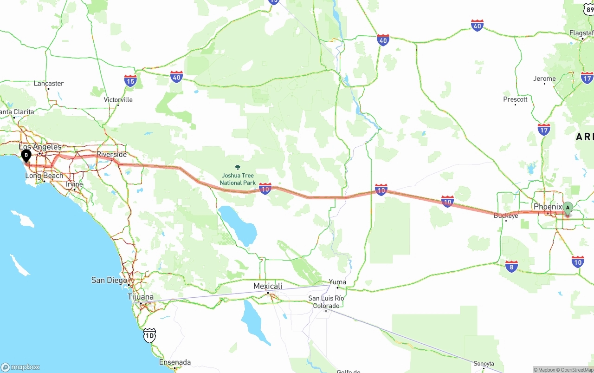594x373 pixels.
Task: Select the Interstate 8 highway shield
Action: pyautogui.click(x=511, y=266)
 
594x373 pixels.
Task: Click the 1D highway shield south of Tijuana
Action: pyautogui.click(x=149, y=335)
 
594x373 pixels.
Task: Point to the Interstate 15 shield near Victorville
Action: pyautogui.click(x=130, y=81)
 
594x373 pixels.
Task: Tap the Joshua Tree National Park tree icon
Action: pyautogui.click(x=238, y=167)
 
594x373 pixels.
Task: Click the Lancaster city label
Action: pyautogui.click(x=49, y=84)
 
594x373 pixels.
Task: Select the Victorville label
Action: pyautogui.click(x=118, y=100)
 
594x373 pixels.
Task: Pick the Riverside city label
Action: pyautogui.click(x=111, y=154)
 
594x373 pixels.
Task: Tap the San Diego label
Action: pyautogui.click(x=109, y=280)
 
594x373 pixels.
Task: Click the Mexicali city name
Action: pyautogui.click(x=268, y=286)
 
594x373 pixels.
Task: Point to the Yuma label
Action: pyautogui.click(x=337, y=282)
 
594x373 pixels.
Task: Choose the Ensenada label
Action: pyautogui.click(x=175, y=362)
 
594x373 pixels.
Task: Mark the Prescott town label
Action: pyautogui.click(x=515, y=99)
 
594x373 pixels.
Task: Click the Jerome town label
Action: pyautogui.click(x=544, y=79)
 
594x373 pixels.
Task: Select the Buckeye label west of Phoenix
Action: pyautogui.click(x=506, y=216)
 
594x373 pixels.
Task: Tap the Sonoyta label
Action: pyautogui.click(x=484, y=364)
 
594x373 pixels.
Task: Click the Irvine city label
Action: pyautogui.click(x=74, y=184)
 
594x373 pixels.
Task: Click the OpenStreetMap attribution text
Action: pyautogui.click(x=576, y=370)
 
